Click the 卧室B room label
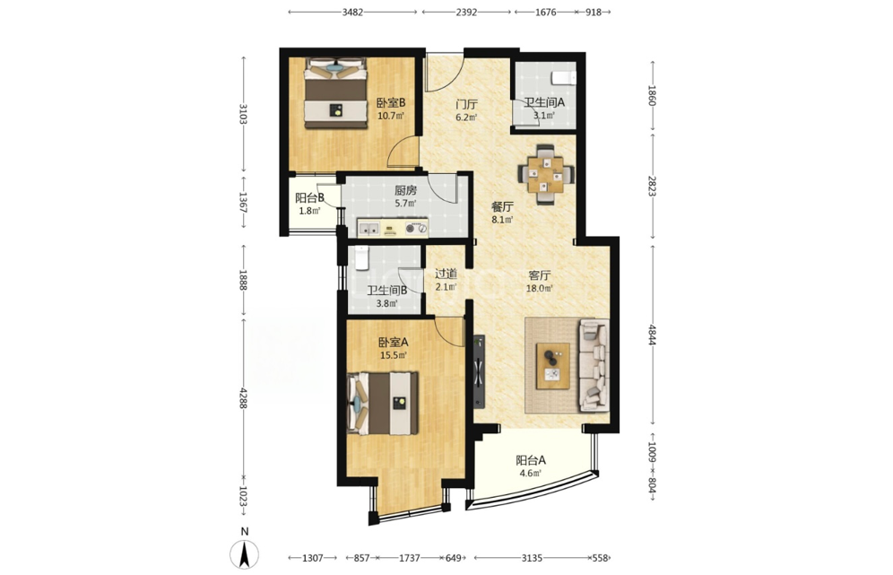(391, 103)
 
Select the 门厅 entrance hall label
(466, 105)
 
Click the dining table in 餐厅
(545, 174)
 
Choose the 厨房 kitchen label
(405, 190)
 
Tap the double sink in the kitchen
(368, 229)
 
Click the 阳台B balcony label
(309, 198)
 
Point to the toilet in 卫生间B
(361, 257)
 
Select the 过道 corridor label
(446, 274)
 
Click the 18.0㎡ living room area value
(539, 288)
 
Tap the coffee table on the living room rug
(553, 366)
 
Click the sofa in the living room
(594, 365)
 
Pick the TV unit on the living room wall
(479, 371)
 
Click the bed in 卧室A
(383, 403)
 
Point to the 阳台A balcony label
(531, 460)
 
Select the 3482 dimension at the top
(352, 12)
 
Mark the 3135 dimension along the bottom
(532, 558)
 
